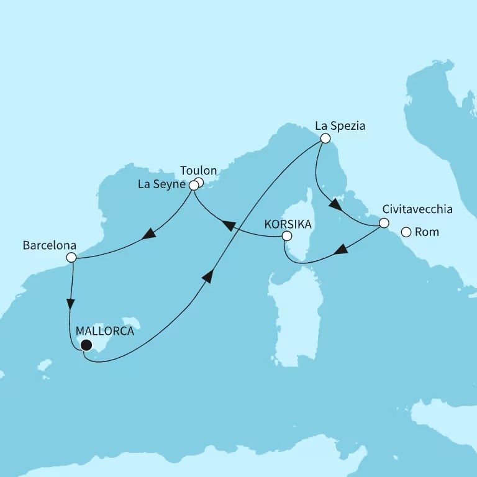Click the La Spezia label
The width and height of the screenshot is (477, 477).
pos(340,125)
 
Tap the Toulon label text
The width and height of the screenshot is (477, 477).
pos(198,170)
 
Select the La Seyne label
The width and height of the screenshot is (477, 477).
pos(163,184)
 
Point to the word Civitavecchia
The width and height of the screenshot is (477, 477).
pos(418,209)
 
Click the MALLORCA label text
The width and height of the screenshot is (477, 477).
pos(104,331)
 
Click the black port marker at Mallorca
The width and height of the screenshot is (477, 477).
pos(86,345)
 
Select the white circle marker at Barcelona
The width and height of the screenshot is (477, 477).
pos(71,257)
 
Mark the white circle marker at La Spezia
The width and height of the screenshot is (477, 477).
pos(324,139)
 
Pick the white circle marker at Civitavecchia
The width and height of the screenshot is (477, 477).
pos(384,223)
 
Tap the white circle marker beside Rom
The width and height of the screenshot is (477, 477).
pos(406,232)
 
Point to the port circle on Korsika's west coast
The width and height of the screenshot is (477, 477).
pos(286,236)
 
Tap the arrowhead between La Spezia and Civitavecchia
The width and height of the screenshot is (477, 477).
pos(334,205)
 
